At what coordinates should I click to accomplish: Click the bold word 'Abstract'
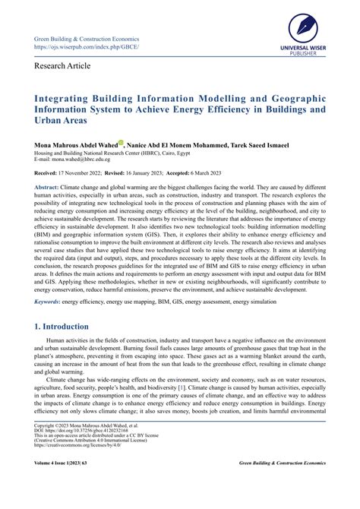[46, 188]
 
